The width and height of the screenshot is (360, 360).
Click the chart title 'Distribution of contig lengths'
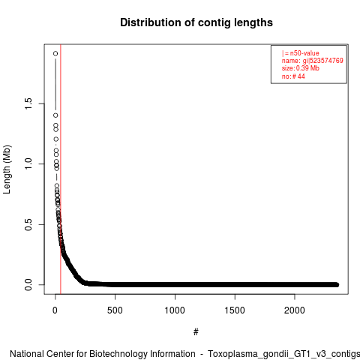(x=196, y=22)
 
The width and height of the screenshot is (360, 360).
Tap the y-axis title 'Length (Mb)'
(x=7, y=169)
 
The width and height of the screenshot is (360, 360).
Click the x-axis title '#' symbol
(x=196, y=332)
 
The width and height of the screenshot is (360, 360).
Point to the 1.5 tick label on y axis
(x=28, y=103)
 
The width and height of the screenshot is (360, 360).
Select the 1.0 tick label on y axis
(x=28, y=163)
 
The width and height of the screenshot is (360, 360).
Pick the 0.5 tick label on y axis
(x=28, y=224)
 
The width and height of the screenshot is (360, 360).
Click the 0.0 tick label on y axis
(x=28, y=285)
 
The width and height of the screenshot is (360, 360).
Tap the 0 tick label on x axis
(x=55, y=310)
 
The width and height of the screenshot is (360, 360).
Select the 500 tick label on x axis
(x=115, y=310)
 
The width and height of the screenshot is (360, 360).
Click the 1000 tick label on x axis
(x=175, y=310)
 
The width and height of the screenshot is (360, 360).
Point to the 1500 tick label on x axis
(x=235, y=310)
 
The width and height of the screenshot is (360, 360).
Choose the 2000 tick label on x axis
(x=295, y=310)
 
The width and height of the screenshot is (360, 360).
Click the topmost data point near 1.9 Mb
(x=55, y=53)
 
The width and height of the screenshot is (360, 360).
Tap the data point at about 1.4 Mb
(x=55, y=115)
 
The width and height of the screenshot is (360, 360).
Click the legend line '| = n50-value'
(x=301, y=53)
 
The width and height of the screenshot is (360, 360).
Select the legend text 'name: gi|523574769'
(x=313, y=61)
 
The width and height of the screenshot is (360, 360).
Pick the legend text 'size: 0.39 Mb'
(x=301, y=68)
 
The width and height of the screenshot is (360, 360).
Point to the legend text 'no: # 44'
(x=293, y=76)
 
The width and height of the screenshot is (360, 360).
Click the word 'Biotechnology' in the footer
(x=142, y=354)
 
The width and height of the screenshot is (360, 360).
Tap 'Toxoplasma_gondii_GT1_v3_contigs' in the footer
(x=284, y=355)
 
